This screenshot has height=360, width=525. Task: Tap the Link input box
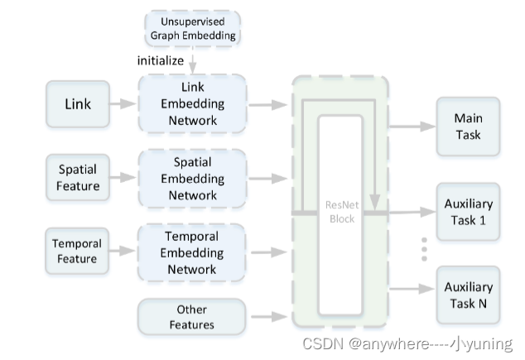(78, 104)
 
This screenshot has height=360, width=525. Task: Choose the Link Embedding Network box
(192, 104)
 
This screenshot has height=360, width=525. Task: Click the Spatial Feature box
(78, 178)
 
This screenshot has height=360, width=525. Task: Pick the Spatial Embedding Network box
(192, 178)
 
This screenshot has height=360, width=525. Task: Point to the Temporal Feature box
(78, 252)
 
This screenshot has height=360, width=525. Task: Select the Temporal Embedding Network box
(192, 252)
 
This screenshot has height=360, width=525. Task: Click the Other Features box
(192, 317)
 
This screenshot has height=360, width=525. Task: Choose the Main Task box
(468, 127)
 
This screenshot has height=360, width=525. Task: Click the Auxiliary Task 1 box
(468, 211)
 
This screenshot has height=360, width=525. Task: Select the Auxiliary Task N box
(468, 295)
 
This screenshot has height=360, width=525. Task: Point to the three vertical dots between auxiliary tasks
(424, 247)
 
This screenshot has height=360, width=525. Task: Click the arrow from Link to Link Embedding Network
(122, 104)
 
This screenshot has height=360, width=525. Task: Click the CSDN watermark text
(406, 343)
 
